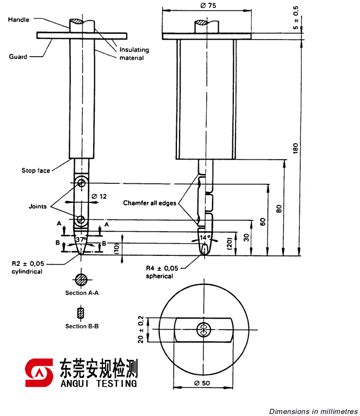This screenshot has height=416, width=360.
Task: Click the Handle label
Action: [19, 20]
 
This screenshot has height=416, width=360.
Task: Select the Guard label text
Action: [18, 57]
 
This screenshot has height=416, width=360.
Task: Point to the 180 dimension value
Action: [295, 148]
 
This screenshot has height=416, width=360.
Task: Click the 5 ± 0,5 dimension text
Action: [296, 19]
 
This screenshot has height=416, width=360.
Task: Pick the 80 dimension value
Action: [279, 209]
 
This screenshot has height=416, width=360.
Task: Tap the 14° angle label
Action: [205, 238]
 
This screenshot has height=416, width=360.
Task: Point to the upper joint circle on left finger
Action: [81, 182]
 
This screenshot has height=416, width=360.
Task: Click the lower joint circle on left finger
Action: [81, 220]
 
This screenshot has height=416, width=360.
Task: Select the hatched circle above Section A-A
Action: [81, 280]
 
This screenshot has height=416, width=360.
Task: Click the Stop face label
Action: [36, 170]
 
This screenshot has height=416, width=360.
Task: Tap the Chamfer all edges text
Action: [149, 203]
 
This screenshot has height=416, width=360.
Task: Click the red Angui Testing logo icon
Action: [40, 373]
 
